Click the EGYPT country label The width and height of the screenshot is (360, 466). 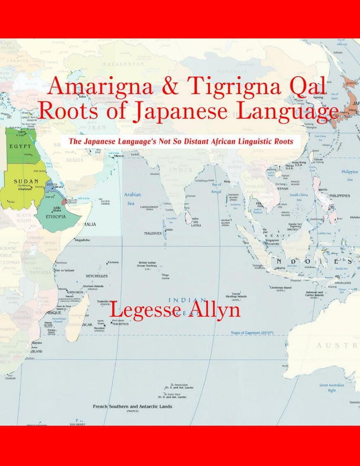pos(19,146)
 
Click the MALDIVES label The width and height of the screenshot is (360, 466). pos(152,232)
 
